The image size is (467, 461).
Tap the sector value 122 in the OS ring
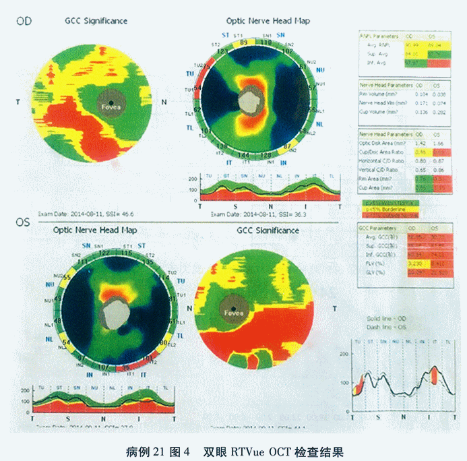(105, 252)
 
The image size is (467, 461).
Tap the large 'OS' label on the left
(23, 222)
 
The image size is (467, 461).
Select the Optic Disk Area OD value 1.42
(418, 144)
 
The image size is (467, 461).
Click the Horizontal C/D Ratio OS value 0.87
(439, 162)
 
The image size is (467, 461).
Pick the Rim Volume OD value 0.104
(419, 94)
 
